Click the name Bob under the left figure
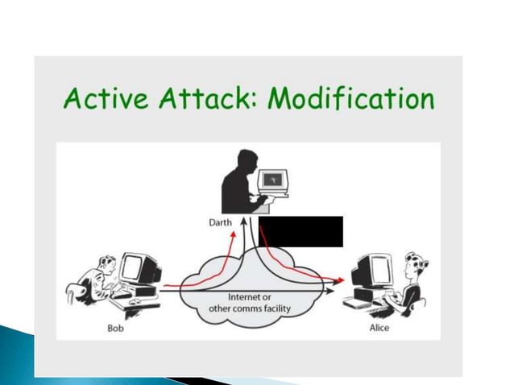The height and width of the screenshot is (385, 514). point(116,328)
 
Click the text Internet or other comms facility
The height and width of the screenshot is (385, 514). point(251,302)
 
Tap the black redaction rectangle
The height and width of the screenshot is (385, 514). point(301,231)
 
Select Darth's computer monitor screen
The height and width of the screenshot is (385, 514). point(277,179)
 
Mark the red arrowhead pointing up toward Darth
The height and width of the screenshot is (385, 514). point(233,233)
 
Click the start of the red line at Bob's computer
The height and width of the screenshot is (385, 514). point(164,285)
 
